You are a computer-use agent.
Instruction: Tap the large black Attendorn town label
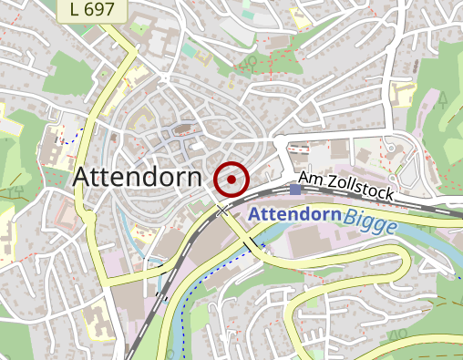[137, 178]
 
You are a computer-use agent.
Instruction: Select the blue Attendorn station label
[293, 215]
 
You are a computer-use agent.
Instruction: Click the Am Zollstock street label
[345, 187]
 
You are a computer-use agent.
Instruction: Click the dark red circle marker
[231, 180]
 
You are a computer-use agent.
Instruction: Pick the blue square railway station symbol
[294, 189]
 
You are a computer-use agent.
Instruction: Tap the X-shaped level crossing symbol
[223, 211]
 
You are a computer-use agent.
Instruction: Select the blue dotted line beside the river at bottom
[182, 328]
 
